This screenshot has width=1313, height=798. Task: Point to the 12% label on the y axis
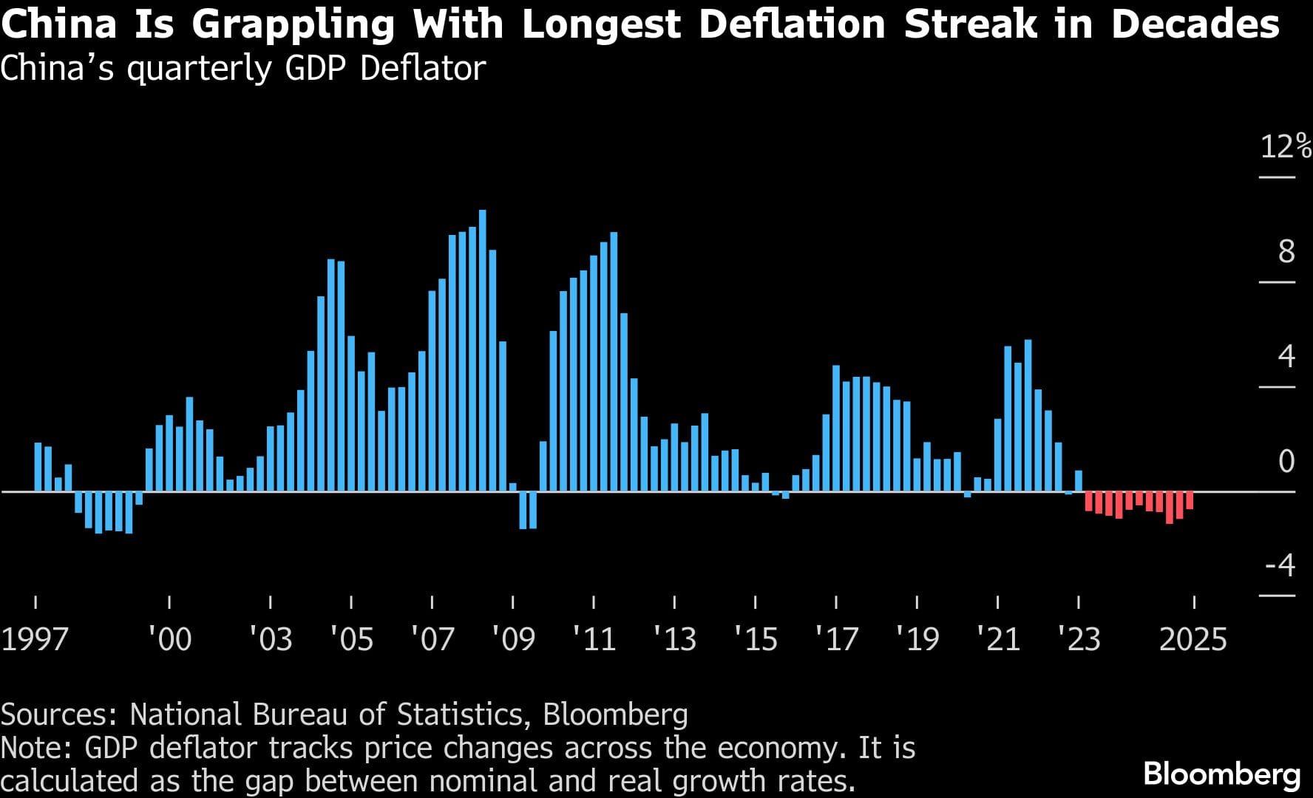(x=1286, y=146)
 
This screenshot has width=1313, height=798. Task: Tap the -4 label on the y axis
(x=1280, y=566)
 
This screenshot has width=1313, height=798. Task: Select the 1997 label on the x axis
(x=35, y=639)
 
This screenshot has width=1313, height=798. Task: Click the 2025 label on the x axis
(x=1193, y=639)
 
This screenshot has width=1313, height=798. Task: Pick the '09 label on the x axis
(x=514, y=639)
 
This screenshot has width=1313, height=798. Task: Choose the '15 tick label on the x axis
(x=756, y=639)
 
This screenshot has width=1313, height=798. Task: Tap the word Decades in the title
(x=1195, y=24)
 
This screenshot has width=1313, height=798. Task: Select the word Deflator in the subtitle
(x=423, y=68)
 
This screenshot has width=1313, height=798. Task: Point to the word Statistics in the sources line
(x=460, y=715)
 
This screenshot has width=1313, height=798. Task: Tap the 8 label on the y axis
(x=1286, y=252)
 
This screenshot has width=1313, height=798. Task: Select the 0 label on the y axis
(x=1286, y=461)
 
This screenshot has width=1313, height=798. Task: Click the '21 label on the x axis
(x=998, y=639)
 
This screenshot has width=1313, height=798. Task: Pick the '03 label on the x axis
(x=271, y=639)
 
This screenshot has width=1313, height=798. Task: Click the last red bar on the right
(x=1190, y=500)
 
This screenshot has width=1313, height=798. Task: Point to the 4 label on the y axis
(x=1286, y=356)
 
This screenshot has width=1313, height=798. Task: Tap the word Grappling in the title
(x=294, y=24)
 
